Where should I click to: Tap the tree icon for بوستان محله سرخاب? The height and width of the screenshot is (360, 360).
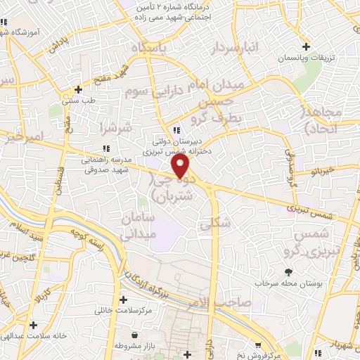pyautogui.click(x=288, y=271)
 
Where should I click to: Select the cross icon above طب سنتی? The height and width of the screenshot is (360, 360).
pyautogui.click(x=78, y=90)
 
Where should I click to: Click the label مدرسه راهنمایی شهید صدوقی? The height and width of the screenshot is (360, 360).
pyautogui.click(x=107, y=165)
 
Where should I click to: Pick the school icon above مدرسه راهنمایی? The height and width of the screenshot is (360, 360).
pyautogui.click(x=106, y=148)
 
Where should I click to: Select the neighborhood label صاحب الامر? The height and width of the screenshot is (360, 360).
pyautogui.click(x=219, y=302)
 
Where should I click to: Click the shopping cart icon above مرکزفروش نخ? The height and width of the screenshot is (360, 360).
pyautogui.click(x=261, y=345)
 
